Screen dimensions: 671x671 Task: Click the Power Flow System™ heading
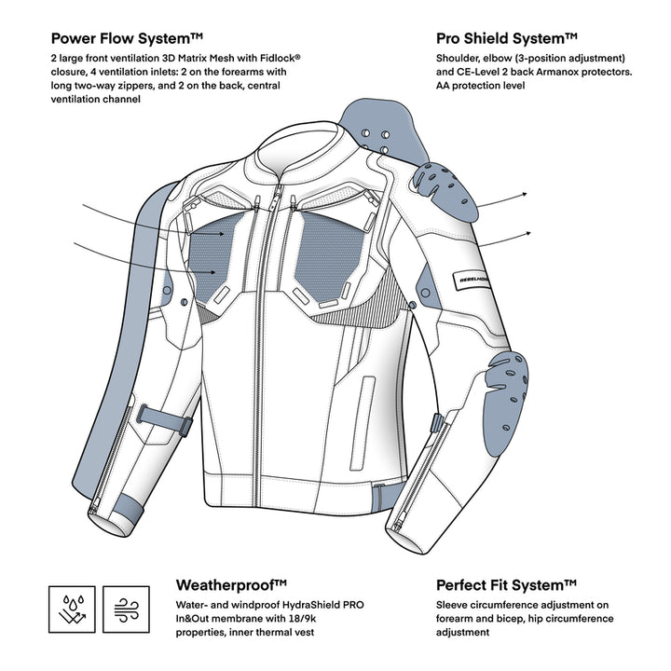127,39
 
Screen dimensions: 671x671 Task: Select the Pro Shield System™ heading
507,39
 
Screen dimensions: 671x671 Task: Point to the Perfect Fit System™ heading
507,585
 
